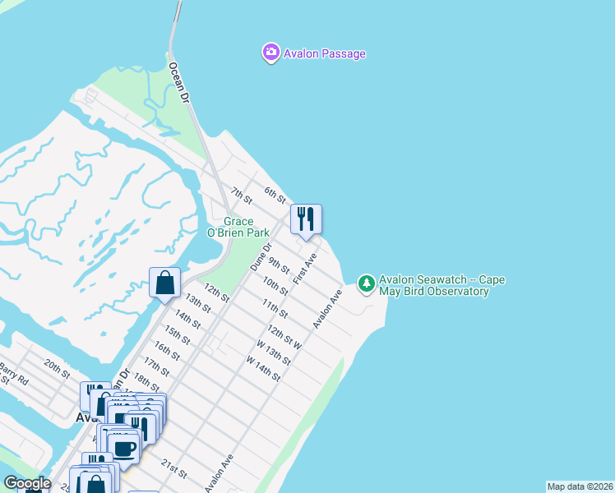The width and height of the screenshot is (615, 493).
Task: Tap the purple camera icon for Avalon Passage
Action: coord(271,53)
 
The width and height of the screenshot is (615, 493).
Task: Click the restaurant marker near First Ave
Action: coord(306,219)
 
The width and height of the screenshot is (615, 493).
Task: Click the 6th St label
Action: coord(275,195)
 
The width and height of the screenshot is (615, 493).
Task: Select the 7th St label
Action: coord(240,196)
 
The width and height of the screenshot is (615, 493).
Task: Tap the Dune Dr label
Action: coord(260,257)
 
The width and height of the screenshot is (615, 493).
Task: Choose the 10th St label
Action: coord(275,286)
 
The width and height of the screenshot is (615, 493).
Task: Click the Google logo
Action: coord(27,483)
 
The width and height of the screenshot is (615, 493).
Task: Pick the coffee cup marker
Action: coord(123,449)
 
